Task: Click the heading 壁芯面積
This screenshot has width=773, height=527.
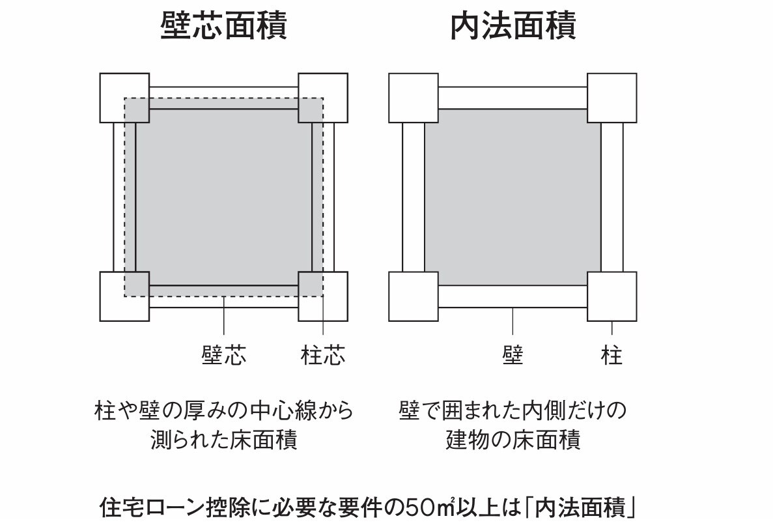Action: pyautogui.click(x=224, y=25)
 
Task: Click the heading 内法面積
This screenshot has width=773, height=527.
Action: pyautogui.click(x=513, y=25)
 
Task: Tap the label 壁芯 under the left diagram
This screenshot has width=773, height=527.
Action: pyautogui.click(x=224, y=355)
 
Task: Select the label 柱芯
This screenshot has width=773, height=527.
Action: pyautogui.click(x=323, y=355)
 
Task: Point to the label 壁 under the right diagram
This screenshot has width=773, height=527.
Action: pyautogui.click(x=513, y=355)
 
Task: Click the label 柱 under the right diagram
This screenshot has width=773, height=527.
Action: pyautogui.click(x=611, y=355)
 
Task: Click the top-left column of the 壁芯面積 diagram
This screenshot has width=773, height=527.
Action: pyautogui.click(x=125, y=98)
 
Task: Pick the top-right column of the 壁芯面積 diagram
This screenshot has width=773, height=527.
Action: pyautogui.click(x=323, y=98)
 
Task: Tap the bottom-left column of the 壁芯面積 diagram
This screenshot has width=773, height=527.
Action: pyautogui.click(x=125, y=296)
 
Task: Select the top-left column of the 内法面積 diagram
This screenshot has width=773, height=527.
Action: pyautogui.click(x=414, y=98)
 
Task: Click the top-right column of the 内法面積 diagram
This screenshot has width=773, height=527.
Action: pyautogui.click(x=611, y=98)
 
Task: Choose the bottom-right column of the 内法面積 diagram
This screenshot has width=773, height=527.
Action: pyautogui.click(x=611, y=296)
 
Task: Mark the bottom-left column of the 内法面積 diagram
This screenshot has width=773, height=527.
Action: pyautogui.click(x=414, y=296)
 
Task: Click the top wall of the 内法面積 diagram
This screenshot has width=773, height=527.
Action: pyautogui.click(x=513, y=98)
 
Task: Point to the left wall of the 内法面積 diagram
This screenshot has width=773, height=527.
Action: pyautogui.click(x=414, y=197)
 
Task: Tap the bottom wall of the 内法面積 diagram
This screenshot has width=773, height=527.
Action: pyautogui.click(x=513, y=296)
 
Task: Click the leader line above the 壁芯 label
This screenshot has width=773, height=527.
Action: pyautogui.click(x=224, y=315)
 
